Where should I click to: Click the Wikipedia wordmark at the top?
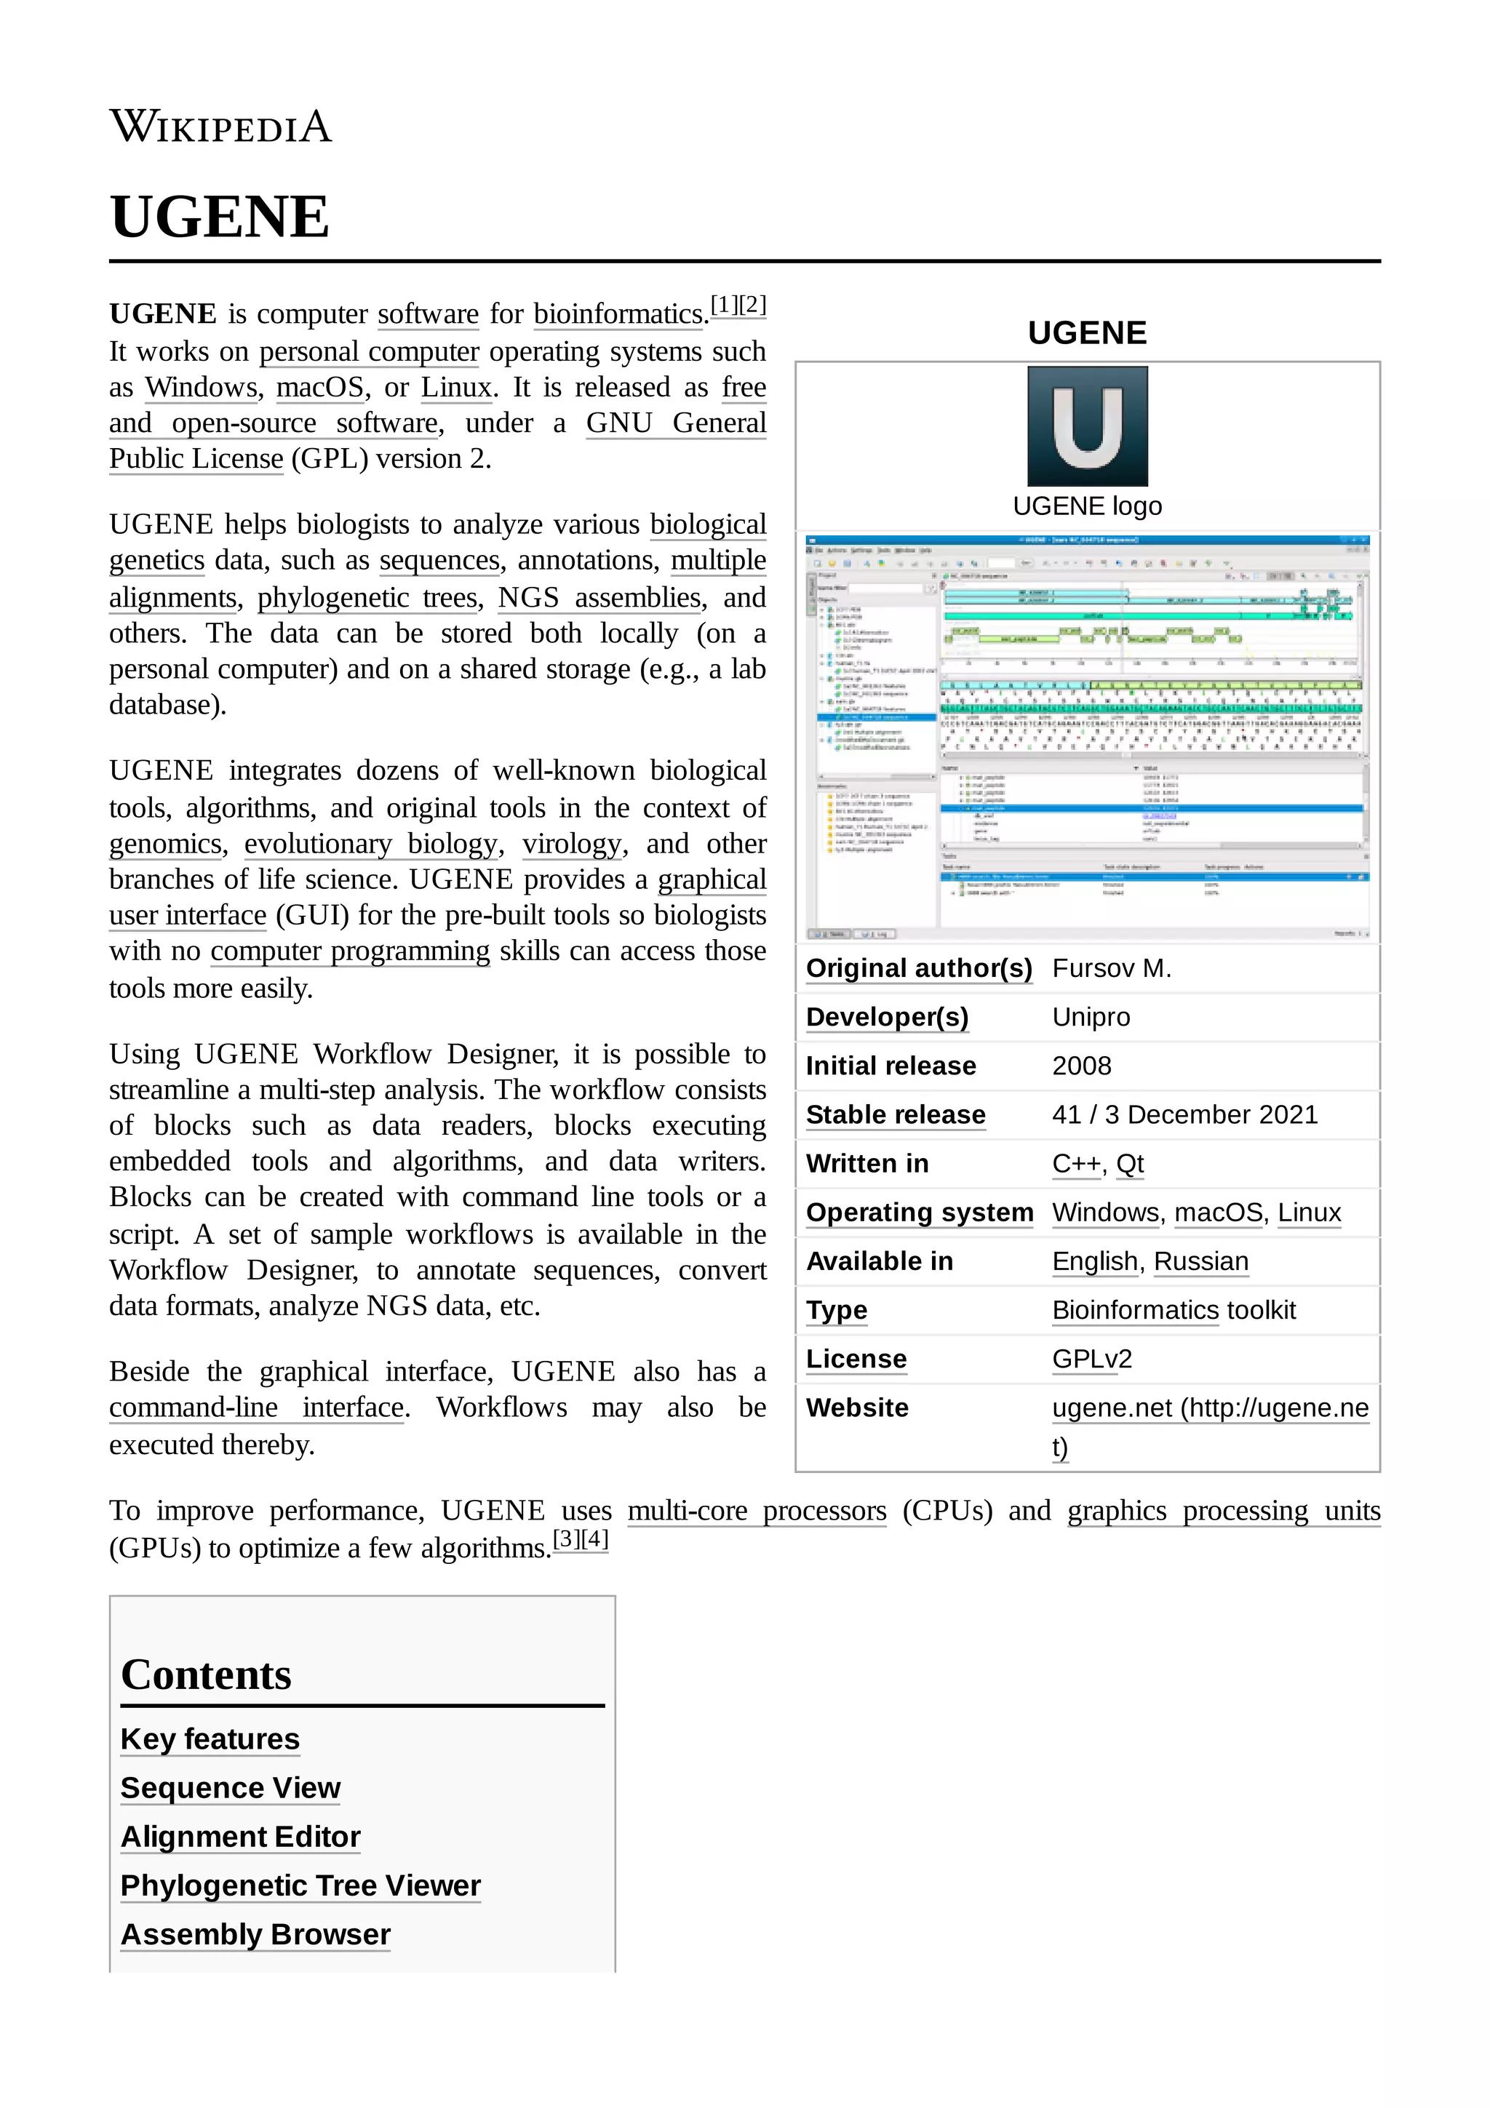pyautogui.click(x=220, y=127)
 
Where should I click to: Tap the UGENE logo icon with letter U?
pyautogui.click(x=1087, y=426)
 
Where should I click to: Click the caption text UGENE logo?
pyautogui.click(x=1087, y=506)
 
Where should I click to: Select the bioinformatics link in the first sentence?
pyautogui.click(x=618, y=314)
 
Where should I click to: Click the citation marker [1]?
pyautogui.click(x=725, y=305)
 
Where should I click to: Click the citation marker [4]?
pyautogui.click(x=594, y=1538)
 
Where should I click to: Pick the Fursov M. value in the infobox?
pyautogui.click(x=1111, y=969)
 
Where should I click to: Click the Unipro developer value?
pyautogui.click(x=1091, y=1018)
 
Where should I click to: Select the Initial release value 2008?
pyautogui.click(x=1081, y=1066)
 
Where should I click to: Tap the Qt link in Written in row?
pyautogui.click(x=1129, y=1163)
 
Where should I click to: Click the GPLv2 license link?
pyautogui.click(x=1091, y=1359)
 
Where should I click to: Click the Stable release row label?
pyautogui.click(x=895, y=1114)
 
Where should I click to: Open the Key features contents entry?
pyautogui.click(x=210, y=1739)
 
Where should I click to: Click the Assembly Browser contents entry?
pyautogui.click(x=255, y=1933)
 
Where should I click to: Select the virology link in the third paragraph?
pyautogui.click(x=572, y=844)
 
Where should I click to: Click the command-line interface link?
pyautogui.click(x=257, y=1408)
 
